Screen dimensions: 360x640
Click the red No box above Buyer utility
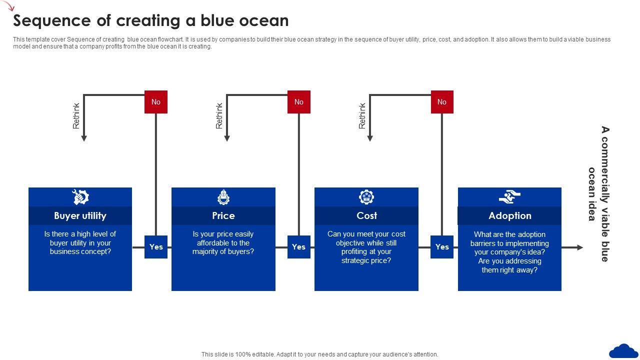tap(156, 102)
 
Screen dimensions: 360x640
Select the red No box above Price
tap(299, 102)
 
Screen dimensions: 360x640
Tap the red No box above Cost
tap(442, 102)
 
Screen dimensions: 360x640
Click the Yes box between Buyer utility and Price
tap(156, 247)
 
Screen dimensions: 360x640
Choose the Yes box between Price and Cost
tap(298, 247)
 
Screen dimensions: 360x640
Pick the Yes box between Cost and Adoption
tap(442, 247)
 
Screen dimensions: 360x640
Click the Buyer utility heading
tap(80, 215)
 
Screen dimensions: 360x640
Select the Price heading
tap(223, 215)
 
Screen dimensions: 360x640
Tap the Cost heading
tap(366, 215)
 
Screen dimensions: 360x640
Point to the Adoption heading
tap(509, 215)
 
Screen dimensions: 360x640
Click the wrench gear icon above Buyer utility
tap(80, 197)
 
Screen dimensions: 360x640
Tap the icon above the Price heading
tap(223, 197)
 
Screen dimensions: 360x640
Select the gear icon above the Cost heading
tap(366, 197)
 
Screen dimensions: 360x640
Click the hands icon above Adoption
tap(509, 197)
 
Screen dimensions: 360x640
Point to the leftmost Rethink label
tap(76, 116)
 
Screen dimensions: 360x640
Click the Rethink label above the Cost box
tap(362, 116)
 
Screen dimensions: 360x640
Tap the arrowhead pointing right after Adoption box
tap(579, 247)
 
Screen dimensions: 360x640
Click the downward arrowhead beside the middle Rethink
tap(226, 138)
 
